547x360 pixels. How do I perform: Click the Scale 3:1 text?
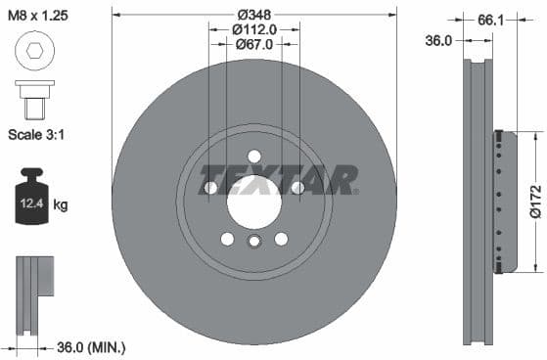(38, 132)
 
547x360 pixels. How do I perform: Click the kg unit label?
(61, 204)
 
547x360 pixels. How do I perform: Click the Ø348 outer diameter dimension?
(254, 15)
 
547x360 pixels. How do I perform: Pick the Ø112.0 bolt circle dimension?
(255, 29)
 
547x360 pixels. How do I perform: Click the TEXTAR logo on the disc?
(278, 180)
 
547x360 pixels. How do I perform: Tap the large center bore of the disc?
(254, 202)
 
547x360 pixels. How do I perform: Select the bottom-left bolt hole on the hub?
(227, 239)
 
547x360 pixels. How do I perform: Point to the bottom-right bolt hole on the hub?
(282, 239)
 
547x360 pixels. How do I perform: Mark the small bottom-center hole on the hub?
(254, 243)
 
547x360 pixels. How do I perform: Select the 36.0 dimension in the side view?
(439, 40)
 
